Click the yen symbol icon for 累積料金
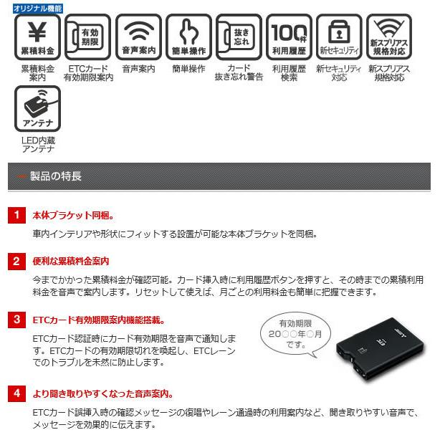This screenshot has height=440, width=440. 38,37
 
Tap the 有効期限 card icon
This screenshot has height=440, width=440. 88,37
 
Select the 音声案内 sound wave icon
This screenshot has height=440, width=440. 138,37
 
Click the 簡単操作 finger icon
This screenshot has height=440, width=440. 188,37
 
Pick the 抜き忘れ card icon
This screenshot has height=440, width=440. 239,37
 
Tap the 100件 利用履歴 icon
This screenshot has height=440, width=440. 289,37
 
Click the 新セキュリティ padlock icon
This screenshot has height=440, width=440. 339,37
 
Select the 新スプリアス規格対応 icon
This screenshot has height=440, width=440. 389,37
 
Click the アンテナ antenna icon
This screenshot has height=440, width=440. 38,109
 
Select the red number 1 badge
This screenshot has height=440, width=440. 16,215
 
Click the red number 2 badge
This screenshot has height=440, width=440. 16,262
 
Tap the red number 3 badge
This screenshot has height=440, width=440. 16,320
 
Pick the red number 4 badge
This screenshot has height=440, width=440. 16,393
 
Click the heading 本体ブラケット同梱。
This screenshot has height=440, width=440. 73,215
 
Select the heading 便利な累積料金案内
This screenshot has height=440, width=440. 71,262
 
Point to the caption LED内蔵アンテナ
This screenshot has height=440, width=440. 38,144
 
